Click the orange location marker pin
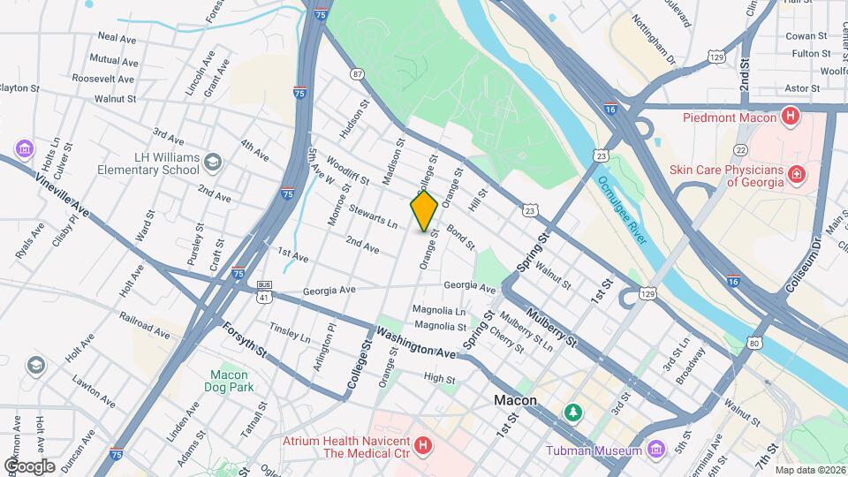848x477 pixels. (424, 211)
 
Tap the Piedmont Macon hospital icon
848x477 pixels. (791, 117)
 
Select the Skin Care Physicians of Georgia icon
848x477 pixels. (798, 175)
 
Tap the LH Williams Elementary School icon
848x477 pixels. (212, 163)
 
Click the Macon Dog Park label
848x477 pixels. (229, 381)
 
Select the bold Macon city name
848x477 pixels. (515, 400)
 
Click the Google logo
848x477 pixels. (29, 466)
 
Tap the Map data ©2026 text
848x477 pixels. (810, 470)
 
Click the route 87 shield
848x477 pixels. (357, 75)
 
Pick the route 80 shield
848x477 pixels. (753, 342)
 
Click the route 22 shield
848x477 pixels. (740, 151)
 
